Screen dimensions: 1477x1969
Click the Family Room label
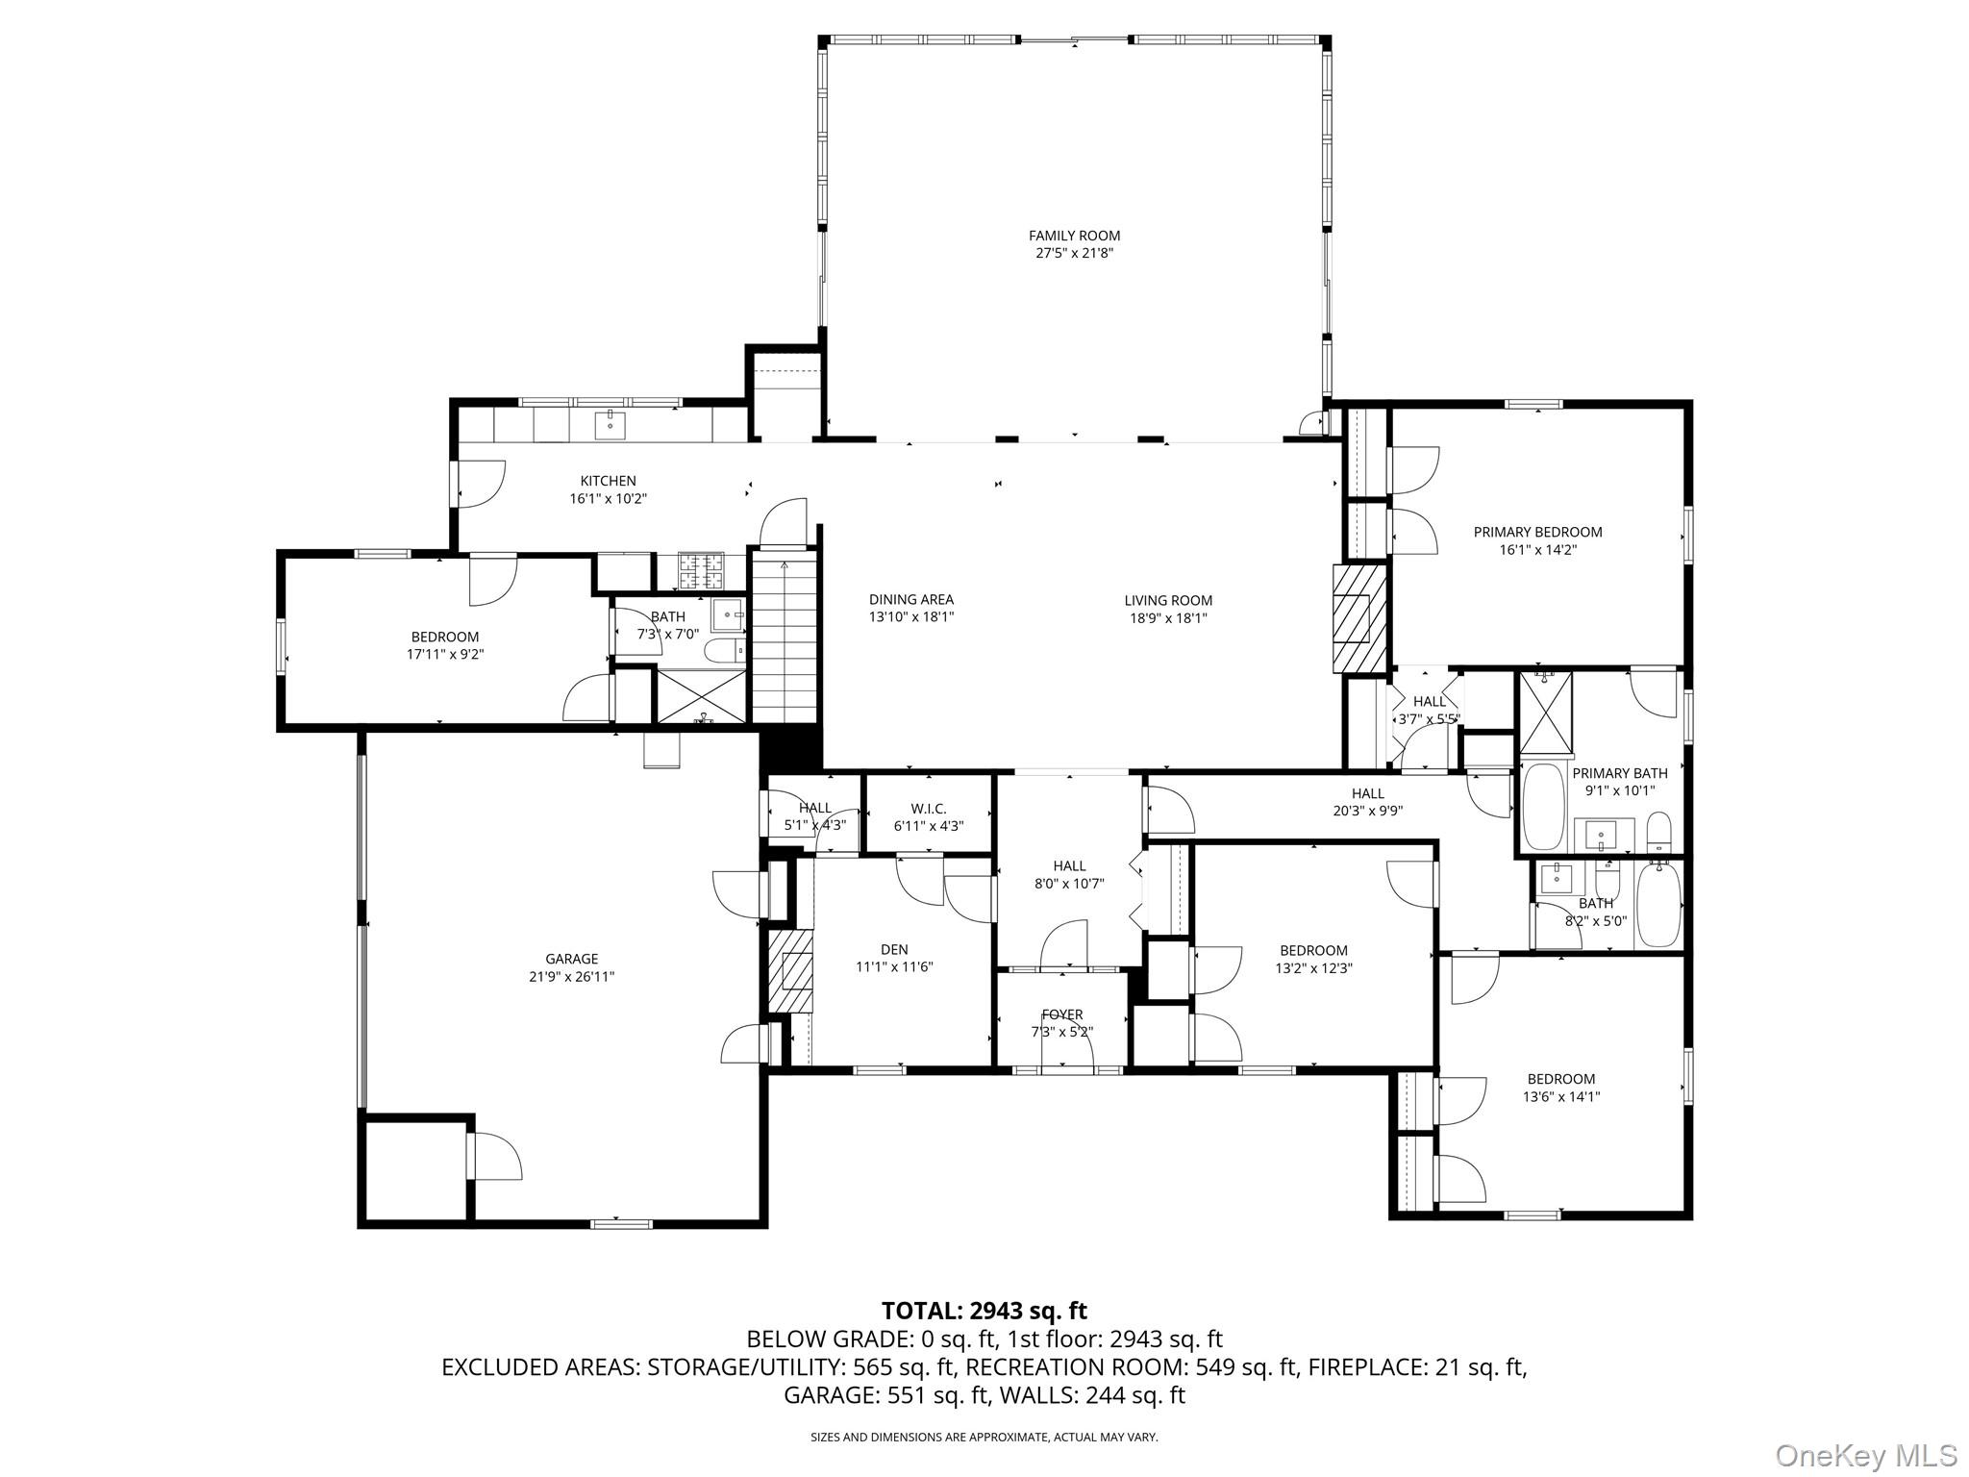[x=1074, y=236]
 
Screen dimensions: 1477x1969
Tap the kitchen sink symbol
[x=610, y=422]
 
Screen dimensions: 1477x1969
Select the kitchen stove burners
[x=701, y=570]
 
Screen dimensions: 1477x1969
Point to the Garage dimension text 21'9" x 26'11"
[x=572, y=976]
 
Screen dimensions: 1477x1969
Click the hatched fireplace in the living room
[x=1359, y=617]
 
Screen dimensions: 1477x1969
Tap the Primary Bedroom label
[x=1537, y=532]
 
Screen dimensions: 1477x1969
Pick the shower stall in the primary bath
[x=1546, y=713]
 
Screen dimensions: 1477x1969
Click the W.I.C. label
[x=928, y=809]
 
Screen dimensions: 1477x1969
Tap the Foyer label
[x=1061, y=1014]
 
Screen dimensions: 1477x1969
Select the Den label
[x=894, y=949]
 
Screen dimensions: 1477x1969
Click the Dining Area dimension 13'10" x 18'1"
[x=910, y=617]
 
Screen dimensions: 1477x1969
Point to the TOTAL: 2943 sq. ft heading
[x=984, y=1311]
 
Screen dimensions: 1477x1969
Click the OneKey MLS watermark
[x=1865, y=1455]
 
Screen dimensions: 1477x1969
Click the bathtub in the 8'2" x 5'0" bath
[x=1657, y=904]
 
